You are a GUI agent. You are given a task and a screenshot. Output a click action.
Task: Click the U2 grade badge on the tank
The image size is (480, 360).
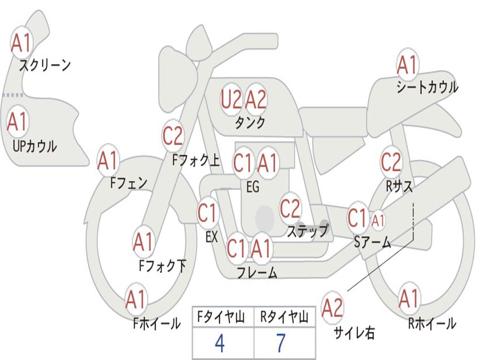[x=231, y=99]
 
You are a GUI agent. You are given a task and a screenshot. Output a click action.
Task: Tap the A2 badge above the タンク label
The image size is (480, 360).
[x=256, y=99]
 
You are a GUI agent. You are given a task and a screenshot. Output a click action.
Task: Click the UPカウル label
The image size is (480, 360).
[x=34, y=147]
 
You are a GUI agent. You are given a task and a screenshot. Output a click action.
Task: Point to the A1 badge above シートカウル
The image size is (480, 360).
[x=407, y=66]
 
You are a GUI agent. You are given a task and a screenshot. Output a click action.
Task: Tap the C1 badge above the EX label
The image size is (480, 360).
[x=208, y=214]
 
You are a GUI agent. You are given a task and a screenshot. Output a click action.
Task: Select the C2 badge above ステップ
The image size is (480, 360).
[x=290, y=209]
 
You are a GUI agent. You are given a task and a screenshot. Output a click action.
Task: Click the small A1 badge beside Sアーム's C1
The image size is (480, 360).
[x=378, y=219]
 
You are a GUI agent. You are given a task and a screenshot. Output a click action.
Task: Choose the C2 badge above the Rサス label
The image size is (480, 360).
[x=391, y=162]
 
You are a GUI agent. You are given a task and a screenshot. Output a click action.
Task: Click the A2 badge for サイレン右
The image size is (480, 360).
[x=332, y=307]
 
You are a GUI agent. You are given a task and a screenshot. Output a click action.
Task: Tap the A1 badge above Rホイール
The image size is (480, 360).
[x=409, y=299]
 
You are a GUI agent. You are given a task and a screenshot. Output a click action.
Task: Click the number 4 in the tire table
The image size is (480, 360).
[x=220, y=344]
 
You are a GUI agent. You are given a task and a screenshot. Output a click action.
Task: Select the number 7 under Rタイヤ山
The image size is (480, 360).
[x=281, y=344]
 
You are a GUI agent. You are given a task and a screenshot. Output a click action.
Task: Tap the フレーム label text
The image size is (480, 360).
[x=256, y=273]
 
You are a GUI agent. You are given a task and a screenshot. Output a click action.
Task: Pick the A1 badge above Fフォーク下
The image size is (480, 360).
[x=143, y=242]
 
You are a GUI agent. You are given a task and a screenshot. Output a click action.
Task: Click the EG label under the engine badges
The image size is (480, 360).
[x=252, y=187]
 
